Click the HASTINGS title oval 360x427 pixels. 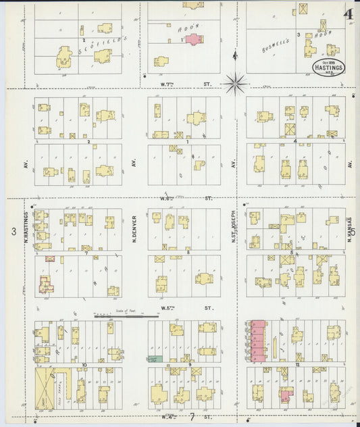[328, 68]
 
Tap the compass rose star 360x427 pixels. [236, 84]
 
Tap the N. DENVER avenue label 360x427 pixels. [135, 230]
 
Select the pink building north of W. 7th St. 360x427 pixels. [194, 39]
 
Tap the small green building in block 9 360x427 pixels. [155, 358]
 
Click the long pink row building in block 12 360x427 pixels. [257, 341]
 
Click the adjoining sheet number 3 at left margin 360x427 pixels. [13, 232]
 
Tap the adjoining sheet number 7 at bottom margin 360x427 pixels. [192, 417]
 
